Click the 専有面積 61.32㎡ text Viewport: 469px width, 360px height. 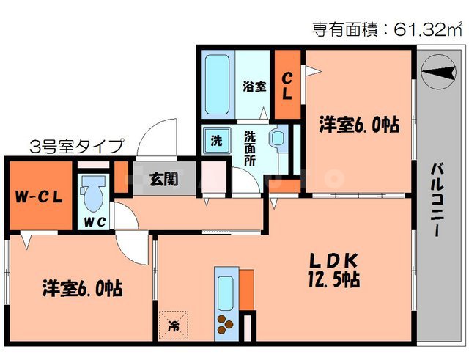tap(388, 30)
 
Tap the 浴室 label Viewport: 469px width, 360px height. tap(254, 85)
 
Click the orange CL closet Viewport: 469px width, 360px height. tap(287, 86)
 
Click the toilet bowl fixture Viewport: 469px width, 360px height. tap(92, 193)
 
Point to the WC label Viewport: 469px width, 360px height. tap(93, 220)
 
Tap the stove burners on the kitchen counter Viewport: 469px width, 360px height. tap(224, 323)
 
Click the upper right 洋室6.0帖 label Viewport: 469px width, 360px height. tap(359, 125)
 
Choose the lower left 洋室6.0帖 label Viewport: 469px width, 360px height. tap(81, 288)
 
